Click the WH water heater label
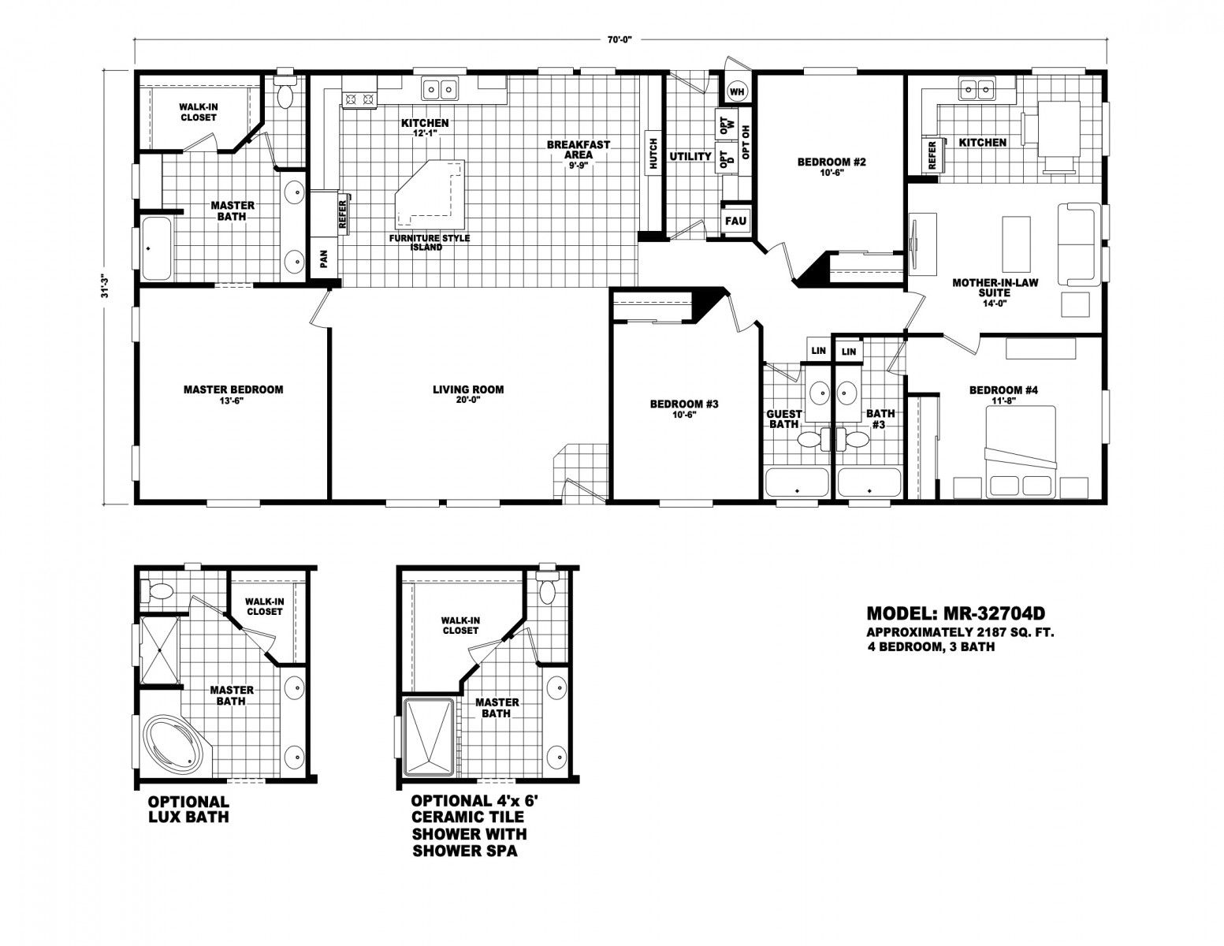pos(737,91)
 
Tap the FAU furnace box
pos(735,220)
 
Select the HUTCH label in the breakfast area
pos(653,154)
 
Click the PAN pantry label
pos(323,259)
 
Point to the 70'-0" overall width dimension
pos(620,39)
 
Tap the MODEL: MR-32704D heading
pos(956,613)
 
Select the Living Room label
pos(468,389)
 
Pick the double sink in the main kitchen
pos(439,88)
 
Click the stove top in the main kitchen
pos(359,100)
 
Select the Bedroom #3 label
pos(684,404)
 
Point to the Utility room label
pos(690,156)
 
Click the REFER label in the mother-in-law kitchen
pos(932,155)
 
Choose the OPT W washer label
pos(727,125)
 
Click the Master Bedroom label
pos(233,389)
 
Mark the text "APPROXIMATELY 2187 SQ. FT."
pos(961,632)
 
